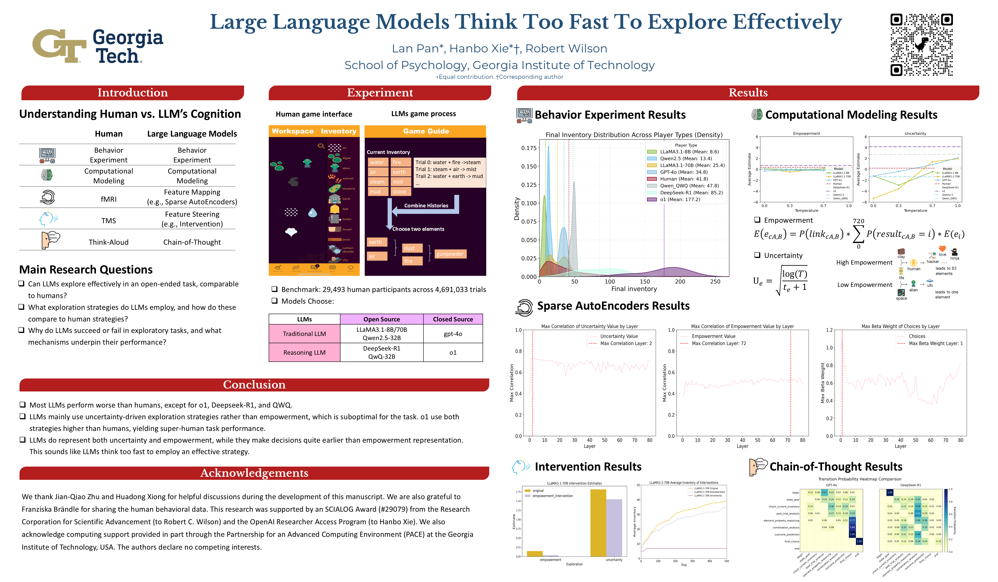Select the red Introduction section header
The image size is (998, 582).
(133, 93)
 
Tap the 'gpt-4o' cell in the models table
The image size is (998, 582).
(453, 334)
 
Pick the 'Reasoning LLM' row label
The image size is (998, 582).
(304, 352)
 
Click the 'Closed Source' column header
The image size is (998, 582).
(453, 319)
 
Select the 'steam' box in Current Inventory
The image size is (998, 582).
(377, 182)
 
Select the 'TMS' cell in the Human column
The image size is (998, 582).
(109, 221)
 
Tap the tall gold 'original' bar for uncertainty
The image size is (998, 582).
(598, 523)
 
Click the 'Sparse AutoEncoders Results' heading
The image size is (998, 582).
(613, 306)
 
